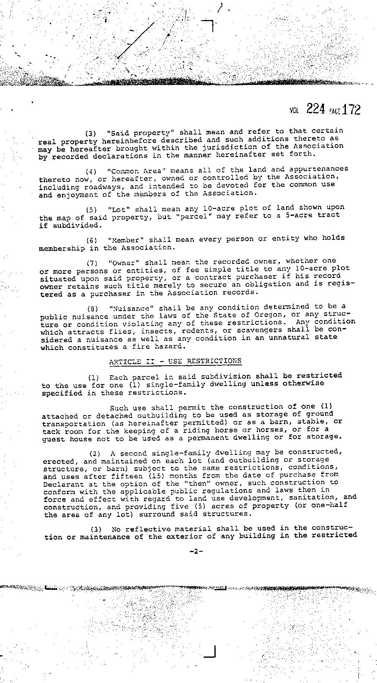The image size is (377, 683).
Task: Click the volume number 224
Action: click(x=315, y=109)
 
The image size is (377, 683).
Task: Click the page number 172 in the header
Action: click(x=351, y=109)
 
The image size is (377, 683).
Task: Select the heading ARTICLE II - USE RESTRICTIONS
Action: click(x=175, y=361)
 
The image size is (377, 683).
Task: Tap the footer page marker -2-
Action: click(x=196, y=551)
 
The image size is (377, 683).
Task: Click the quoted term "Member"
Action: click(x=125, y=239)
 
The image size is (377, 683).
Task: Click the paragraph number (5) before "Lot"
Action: click(x=92, y=210)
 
